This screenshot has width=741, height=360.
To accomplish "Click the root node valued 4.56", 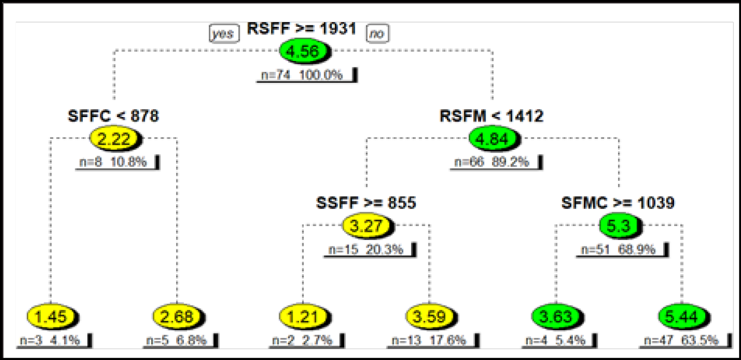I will [304, 52].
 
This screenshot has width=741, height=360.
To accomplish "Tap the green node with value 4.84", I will [493, 139].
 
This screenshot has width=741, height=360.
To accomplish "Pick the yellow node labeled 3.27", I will [367, 226].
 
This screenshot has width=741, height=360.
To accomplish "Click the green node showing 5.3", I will [619, 226].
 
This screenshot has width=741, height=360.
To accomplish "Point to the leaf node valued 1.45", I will [51, 316].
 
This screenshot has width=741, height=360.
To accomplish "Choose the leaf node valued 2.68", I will [177, 316].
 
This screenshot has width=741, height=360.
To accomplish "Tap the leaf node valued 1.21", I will [303, 316].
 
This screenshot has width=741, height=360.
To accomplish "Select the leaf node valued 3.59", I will [430, 316].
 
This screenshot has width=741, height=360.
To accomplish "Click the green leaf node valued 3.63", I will [556, 316].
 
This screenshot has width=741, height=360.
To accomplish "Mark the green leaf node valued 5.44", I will [681, 316].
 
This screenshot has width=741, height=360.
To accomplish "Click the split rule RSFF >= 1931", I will [302, 29].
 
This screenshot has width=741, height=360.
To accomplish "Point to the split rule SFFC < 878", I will [114, 117].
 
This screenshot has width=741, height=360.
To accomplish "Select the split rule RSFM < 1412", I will [492, 117].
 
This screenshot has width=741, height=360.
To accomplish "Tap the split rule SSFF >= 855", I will [366, 203].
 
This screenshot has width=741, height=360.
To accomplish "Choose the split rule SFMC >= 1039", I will [618, 203].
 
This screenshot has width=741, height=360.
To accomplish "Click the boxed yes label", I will [223, 34].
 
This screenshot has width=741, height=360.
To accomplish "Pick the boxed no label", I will [377, 34].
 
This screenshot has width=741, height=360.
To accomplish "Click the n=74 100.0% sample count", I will [302, 76].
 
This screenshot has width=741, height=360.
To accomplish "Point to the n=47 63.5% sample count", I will [682, 340].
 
